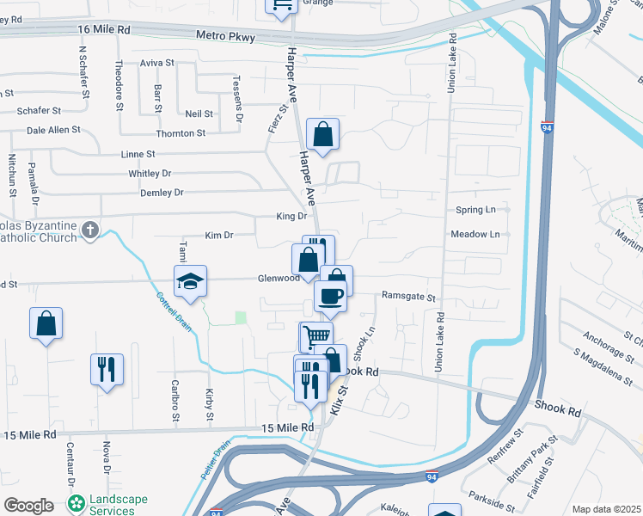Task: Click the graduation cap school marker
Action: coord(191,281)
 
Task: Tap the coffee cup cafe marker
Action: coord(330,298)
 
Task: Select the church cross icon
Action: coord(90,230)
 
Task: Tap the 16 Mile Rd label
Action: coord(103,29)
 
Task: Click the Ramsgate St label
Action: coord(409,298)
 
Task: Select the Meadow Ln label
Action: coord(475,234)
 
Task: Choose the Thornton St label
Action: coord(181,133)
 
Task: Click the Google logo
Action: coord(28,506)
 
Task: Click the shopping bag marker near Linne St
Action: coord(322,135)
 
